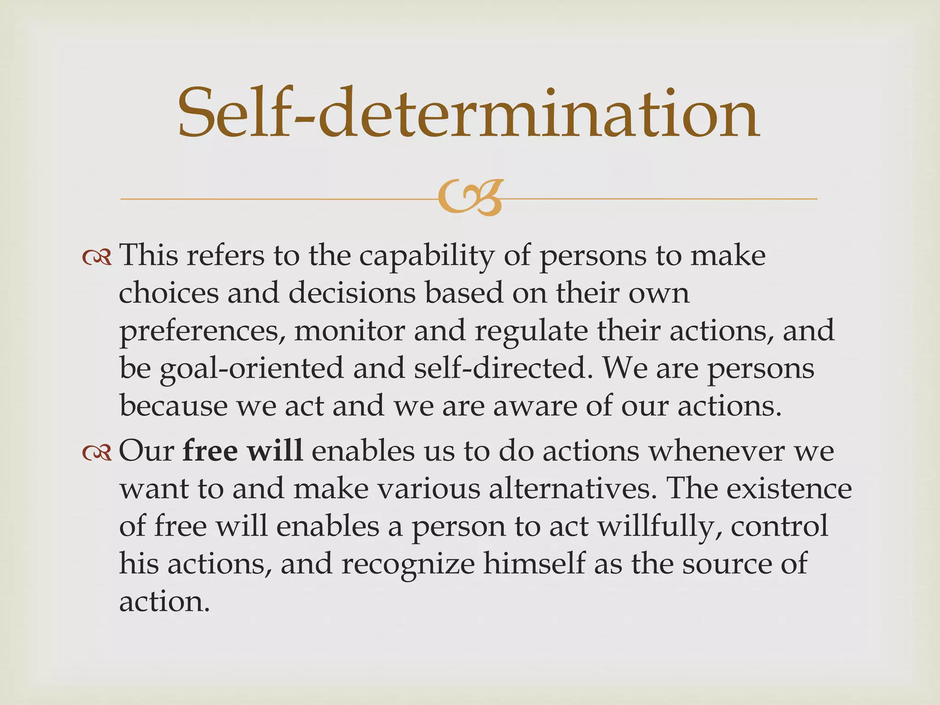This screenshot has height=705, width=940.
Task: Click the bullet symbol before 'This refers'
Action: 97,258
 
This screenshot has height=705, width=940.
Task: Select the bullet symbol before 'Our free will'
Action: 97,453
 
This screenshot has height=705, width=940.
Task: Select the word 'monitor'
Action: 349,331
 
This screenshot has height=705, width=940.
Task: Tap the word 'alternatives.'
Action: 573,489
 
